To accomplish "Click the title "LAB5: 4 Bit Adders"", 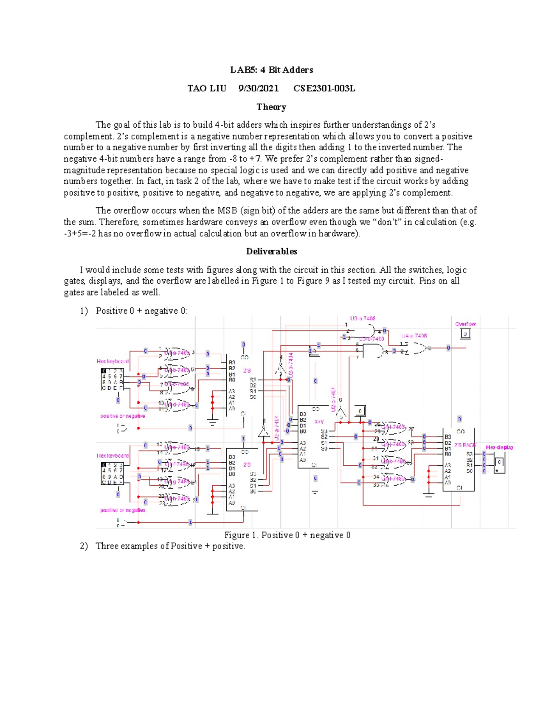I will tap(271, 70).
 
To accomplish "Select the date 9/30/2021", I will tap(258, 88).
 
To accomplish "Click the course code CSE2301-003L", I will tap(324, 88).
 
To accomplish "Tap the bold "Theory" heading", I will tap(271, 107).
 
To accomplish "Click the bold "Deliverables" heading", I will tap(271, 251).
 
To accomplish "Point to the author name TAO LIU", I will tap(207, 88).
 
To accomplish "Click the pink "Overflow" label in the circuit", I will tap(465, 324).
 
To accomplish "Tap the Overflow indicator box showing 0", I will tap(465, 335).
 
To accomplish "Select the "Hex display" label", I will tap(500, 447).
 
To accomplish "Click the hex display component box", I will tap(499, 463).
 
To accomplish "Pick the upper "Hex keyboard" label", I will tap(112, 361).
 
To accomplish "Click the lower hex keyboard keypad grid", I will tap(112, 473).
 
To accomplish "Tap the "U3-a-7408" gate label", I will tap(362, 319).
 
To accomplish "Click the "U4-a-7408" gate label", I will tap(414, 336).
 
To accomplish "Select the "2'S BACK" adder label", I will tap(465, 445).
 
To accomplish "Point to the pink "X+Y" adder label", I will tap(319, 421).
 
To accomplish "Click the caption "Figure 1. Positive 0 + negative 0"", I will tap(287, 535).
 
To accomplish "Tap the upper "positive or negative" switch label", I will tap(123, 416).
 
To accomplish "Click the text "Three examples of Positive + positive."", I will tap(170, 546).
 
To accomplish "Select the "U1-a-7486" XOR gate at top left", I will tap(176, 353).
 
